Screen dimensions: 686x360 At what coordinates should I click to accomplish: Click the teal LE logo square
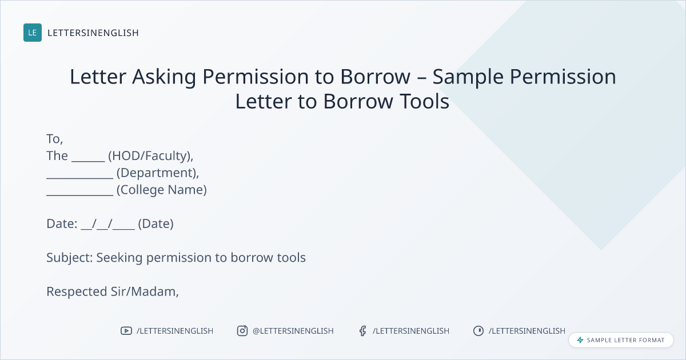point(33,33)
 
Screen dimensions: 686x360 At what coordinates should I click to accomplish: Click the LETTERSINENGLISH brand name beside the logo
point(93,33)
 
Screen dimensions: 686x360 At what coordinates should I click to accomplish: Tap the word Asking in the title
point(164,77)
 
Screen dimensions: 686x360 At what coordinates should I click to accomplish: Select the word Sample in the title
point(468,77)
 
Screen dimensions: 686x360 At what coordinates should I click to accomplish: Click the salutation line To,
point(55,139)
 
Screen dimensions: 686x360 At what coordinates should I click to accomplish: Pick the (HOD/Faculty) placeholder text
point(151,156)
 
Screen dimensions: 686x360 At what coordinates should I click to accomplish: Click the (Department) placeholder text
point(158,173)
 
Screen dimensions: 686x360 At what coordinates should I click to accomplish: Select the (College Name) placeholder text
point(162,190)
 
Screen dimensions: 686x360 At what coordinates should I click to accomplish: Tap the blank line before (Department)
point(80,178)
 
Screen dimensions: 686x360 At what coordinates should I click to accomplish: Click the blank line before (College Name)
point(80,195)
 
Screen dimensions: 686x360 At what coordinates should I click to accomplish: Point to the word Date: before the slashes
point(62,224)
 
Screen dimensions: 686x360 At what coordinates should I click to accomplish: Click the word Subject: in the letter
point(70,258)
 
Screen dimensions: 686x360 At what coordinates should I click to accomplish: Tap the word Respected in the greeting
point(77,292)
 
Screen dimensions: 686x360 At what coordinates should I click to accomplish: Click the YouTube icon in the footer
point(126,331)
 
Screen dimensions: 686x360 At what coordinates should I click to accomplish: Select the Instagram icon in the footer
point(242,331)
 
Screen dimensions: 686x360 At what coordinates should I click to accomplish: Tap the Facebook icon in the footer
point(363,331)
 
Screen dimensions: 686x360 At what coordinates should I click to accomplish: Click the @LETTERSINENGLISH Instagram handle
point(293,331)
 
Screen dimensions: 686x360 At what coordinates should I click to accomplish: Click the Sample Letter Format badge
point(621,340)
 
